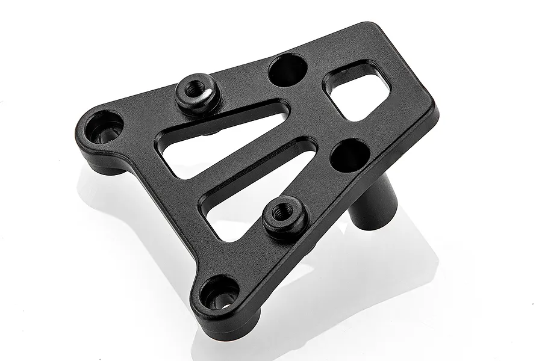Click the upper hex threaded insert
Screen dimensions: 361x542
[198, 96]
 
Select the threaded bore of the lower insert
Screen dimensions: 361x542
[281, 212]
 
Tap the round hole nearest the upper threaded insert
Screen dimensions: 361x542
[287, 70]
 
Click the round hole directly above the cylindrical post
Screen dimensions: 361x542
[350, 155]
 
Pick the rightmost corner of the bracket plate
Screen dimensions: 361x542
[435, 111]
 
